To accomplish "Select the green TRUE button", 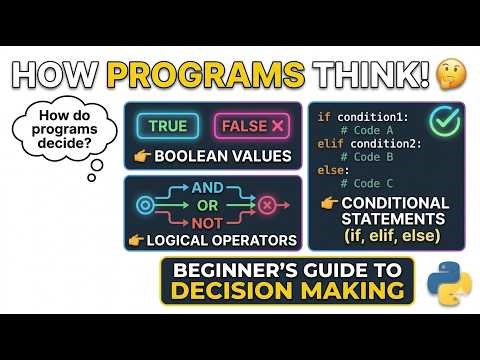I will coord(168,126).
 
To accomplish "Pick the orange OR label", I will coord(207,206).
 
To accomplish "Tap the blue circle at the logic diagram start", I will coord(143,205).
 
